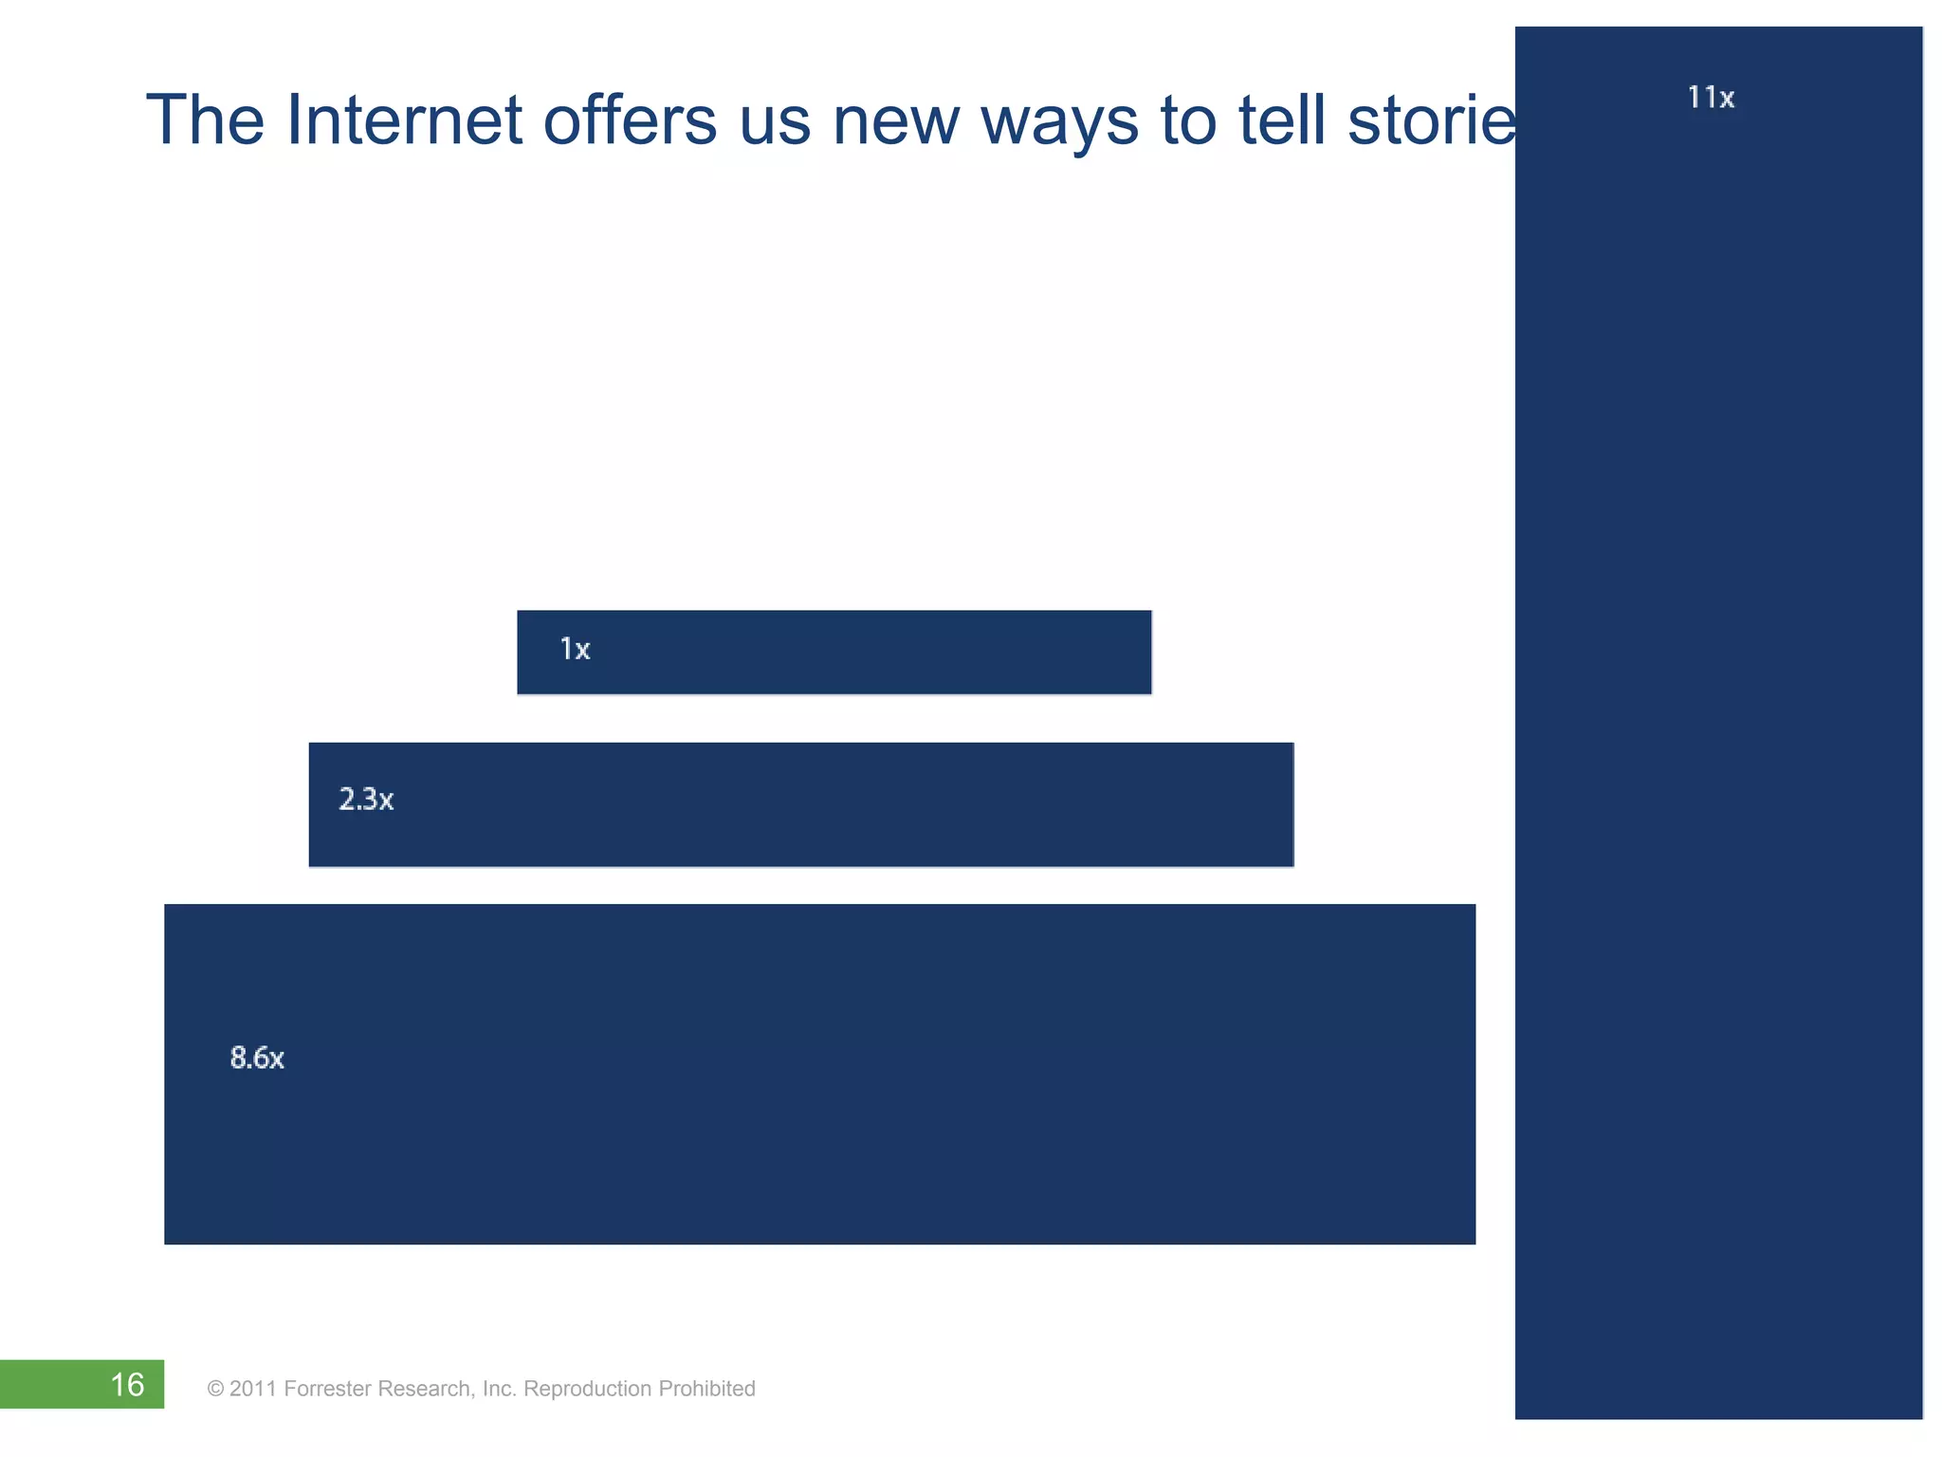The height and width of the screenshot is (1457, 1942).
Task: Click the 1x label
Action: (x=575, y=650)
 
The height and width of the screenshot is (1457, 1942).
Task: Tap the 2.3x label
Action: (x=366, y=800)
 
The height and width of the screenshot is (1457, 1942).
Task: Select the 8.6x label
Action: (x=257, y=1058)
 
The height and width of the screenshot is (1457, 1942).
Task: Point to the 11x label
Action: (x=1711, y=98)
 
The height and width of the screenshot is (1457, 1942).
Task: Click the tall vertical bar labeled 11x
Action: (x=1718, y=759)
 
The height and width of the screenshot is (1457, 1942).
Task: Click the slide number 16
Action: (x=127, y=1385)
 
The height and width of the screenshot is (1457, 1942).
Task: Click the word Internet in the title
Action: (x=403, y=120)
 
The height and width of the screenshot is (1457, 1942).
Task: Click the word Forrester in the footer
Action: (x=327, y=1389)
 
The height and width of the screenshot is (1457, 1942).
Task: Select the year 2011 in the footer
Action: (x=252, y=1389)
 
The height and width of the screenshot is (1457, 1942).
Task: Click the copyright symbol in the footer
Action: (x=215, y=1390)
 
